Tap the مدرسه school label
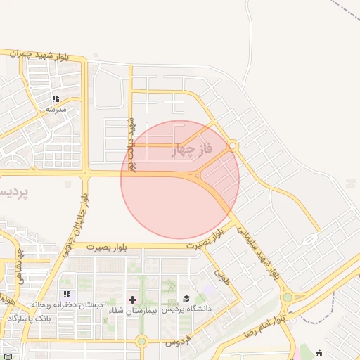click(x=56, y=110)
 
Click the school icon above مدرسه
click(x=56, y=99)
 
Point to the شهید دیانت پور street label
click(x=131, y=143)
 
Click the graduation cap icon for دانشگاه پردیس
click(x=186, y=299)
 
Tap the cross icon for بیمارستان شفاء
click(x=132, y=300)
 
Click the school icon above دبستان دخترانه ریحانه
click(x=67, y=294)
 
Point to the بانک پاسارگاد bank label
click(x=27, y=319)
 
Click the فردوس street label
click(x=173, y=342)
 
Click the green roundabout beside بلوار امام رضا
click(x=287, y=298)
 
